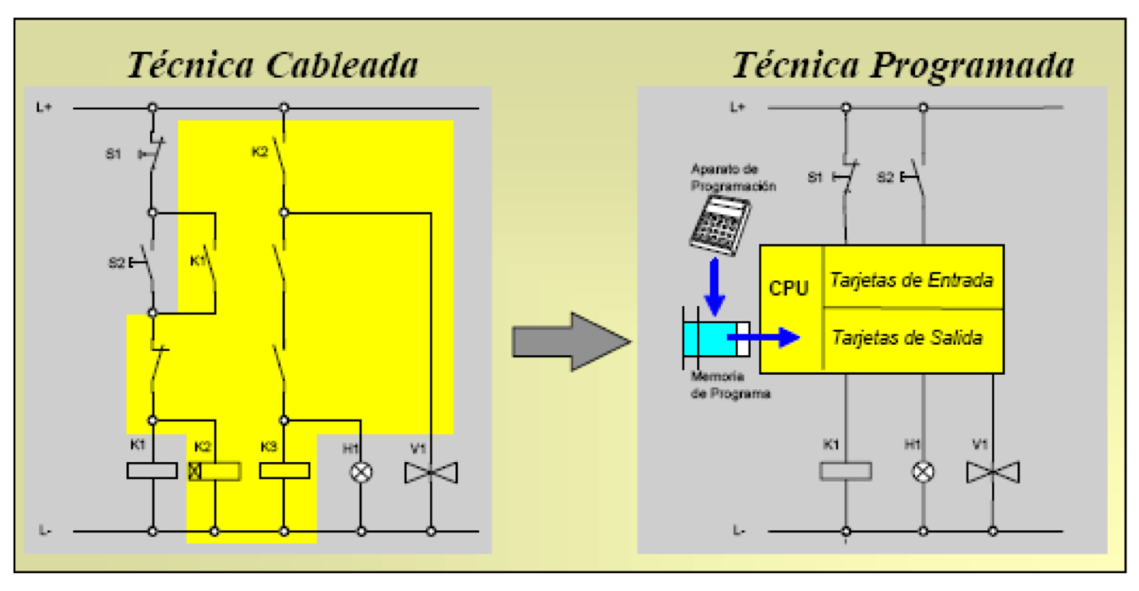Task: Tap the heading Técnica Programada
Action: [903, 64]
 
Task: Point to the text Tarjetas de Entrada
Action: [911, 280]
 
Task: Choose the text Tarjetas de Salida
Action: [907, 337]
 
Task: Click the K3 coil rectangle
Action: [283, 470]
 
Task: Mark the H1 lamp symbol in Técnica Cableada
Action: [361, 471]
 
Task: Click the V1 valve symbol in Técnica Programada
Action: [992, 471]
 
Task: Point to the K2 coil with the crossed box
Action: [215, 471]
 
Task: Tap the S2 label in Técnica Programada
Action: [885, 178]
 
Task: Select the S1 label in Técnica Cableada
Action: [113, 154]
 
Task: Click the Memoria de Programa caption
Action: [730, 386]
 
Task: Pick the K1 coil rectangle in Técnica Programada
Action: [846, 471]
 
